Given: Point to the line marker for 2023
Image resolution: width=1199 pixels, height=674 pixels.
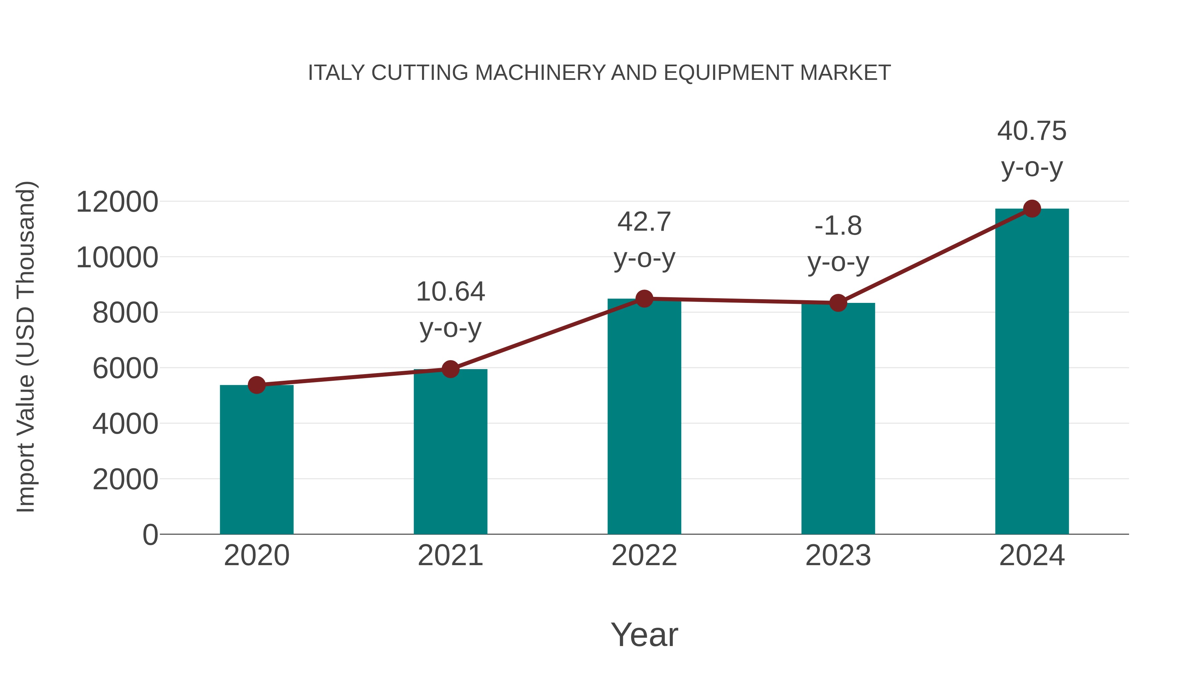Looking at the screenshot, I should pos(838,303).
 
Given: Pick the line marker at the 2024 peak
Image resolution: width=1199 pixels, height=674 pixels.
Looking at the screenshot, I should pos(1032,209).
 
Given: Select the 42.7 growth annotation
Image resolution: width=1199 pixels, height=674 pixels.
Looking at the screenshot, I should pos(644,222).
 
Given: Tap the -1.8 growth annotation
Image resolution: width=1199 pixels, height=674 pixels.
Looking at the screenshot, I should pos(838,227).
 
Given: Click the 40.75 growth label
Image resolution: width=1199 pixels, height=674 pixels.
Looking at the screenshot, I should pos(1032,131).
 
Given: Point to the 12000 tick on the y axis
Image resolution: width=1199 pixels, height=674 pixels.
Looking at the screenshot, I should pos(117,202).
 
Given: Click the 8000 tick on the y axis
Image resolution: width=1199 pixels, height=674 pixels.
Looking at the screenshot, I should pos(125,313).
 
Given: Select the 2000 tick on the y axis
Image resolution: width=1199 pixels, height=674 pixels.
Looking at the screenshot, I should pos(125,480).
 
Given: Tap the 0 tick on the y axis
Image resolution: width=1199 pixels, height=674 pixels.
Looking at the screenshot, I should pos(150,535).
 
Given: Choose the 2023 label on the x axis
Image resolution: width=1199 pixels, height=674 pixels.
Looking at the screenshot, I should pos(838,556).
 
